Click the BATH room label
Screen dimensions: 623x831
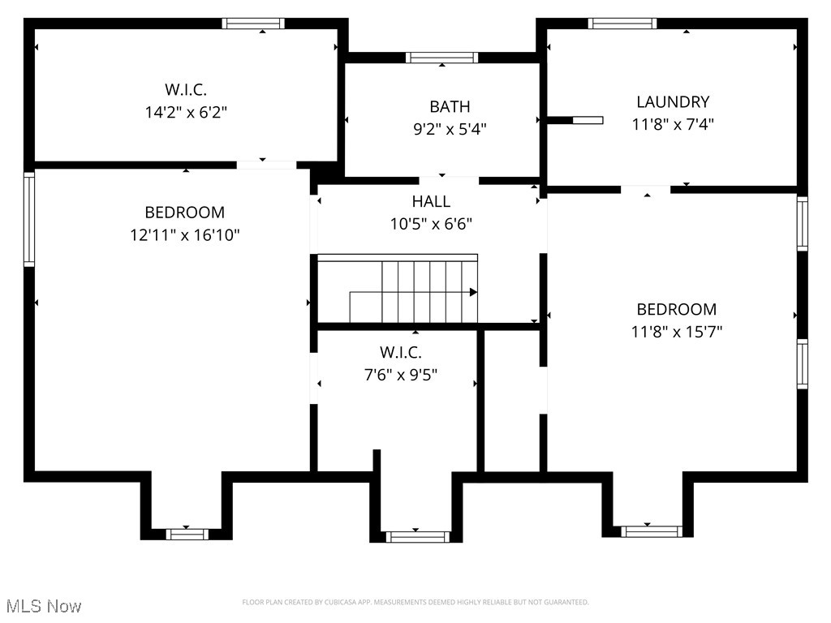(x=450, y=106)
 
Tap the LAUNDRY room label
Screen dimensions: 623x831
(x=672, y=101)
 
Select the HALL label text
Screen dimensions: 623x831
(x=431, y=201)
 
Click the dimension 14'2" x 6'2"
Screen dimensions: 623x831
(x=185, y=112)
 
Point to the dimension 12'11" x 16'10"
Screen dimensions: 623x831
(x=184, y=235)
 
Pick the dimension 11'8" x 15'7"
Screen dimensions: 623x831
(x=676, y=331)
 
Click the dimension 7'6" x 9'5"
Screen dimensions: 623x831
(x=400, y=375)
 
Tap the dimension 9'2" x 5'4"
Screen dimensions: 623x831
(x=450, y=128)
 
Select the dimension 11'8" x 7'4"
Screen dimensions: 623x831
(x=672, y=124)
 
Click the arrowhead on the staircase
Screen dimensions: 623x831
(x=473, y=292)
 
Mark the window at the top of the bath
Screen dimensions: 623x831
(x=441, y=57)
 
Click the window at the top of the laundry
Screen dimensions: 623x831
(x=622, y=23)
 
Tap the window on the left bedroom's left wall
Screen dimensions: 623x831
(x=29, y=219)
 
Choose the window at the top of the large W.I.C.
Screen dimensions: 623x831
(x=254, y=23)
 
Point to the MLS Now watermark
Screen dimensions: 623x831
(x=44, y=606)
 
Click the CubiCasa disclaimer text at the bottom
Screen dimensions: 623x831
(x=415, y=602)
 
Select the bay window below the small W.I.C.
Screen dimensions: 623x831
(x=417, y=536)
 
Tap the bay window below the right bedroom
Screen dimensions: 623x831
(x=652, y=531)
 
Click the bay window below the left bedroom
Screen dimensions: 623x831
(x=187, y=533)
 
